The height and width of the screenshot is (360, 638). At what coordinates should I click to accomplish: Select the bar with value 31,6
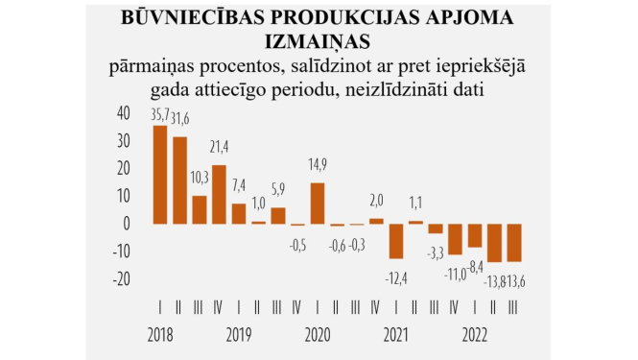coord(179,180)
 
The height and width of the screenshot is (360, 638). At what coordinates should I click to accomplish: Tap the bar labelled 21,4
coord(219,195)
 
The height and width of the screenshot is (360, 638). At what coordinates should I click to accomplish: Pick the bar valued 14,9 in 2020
coord(318,204)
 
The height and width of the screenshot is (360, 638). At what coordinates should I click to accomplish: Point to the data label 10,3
coord(200,177)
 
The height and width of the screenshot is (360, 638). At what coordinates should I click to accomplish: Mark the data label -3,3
coord(435,252)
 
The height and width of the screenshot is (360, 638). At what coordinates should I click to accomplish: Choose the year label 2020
coord(317,337)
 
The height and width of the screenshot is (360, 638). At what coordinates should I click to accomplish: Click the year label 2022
coord(473,337)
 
